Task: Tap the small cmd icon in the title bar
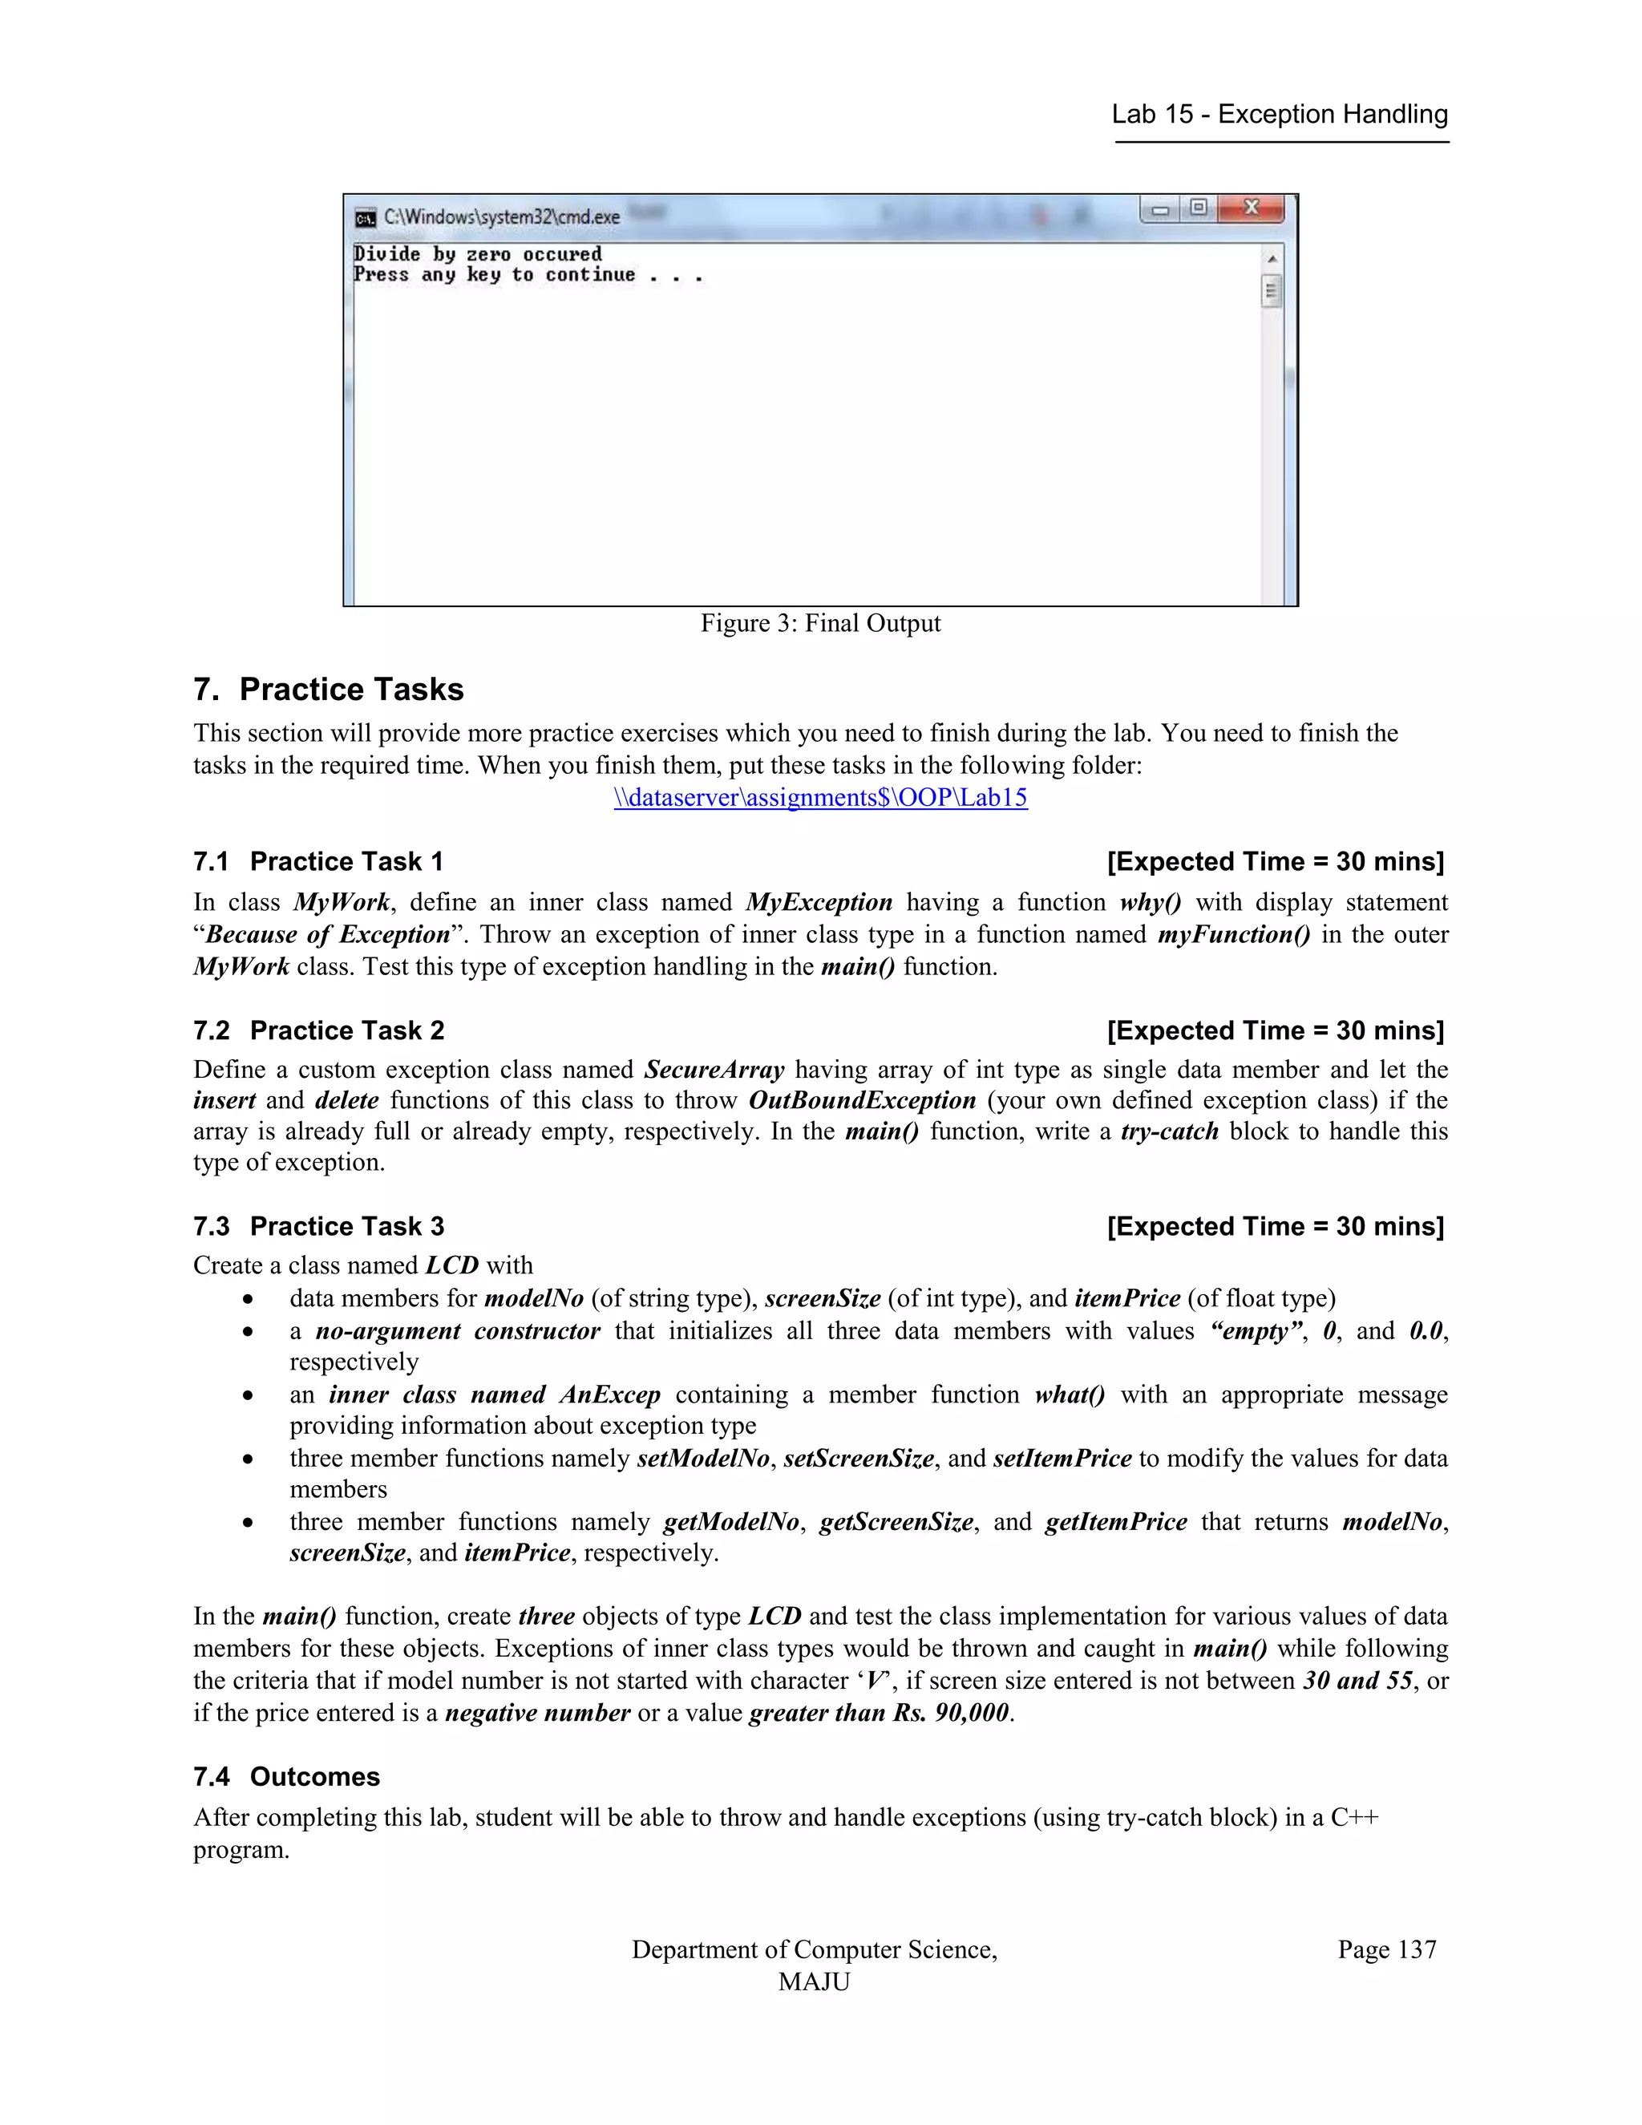pos(366,217)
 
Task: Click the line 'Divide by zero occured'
pos(478,254)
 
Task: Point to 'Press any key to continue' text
pos(494,275)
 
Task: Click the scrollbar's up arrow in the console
pos(1272,259)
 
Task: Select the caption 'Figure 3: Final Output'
pos(820,624)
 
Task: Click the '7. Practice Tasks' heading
pos(329,689)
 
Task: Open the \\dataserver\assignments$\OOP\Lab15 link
pos(820,798)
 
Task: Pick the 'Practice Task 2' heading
pos(346,1030)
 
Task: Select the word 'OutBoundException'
pos(862,1100)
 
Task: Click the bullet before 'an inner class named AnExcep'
pos(249,1396)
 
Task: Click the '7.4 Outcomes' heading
pos(286,1777)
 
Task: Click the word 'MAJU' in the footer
pos(815,1982)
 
